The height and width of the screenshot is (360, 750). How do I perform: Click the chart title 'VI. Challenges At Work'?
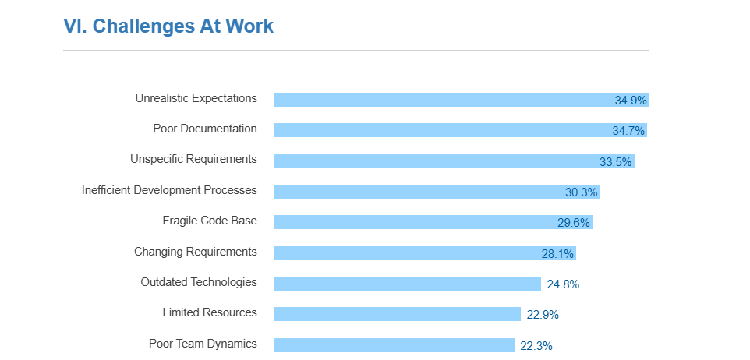tap(168, 26)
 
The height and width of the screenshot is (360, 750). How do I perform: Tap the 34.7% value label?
tap(628, 131)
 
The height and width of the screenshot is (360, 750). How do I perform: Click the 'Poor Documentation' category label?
tap(205, 129)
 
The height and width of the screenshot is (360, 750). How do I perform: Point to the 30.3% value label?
tap(582, 192)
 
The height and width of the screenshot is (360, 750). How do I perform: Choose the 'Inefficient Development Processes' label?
tap(169, 190)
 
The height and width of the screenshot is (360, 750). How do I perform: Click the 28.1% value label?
tap(557, 254)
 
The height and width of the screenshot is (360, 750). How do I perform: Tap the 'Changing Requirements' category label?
tap(195, 252)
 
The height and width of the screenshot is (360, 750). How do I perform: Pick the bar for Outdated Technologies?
tap(407, 284)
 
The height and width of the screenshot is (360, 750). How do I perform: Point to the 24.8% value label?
tap(563, 284)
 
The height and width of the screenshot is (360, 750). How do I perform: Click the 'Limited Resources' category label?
tap(210, 312)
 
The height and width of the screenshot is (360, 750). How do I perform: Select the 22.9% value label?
tap(543, 315)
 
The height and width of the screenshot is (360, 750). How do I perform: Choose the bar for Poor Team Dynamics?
tap(394, 345)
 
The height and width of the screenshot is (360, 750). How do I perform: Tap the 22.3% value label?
tap(536, 346)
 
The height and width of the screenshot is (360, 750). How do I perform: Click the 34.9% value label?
tap(631, 101)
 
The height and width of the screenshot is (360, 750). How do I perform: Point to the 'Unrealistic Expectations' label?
tap(196, 98)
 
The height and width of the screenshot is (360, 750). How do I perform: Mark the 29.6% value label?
tap(574, 223)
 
